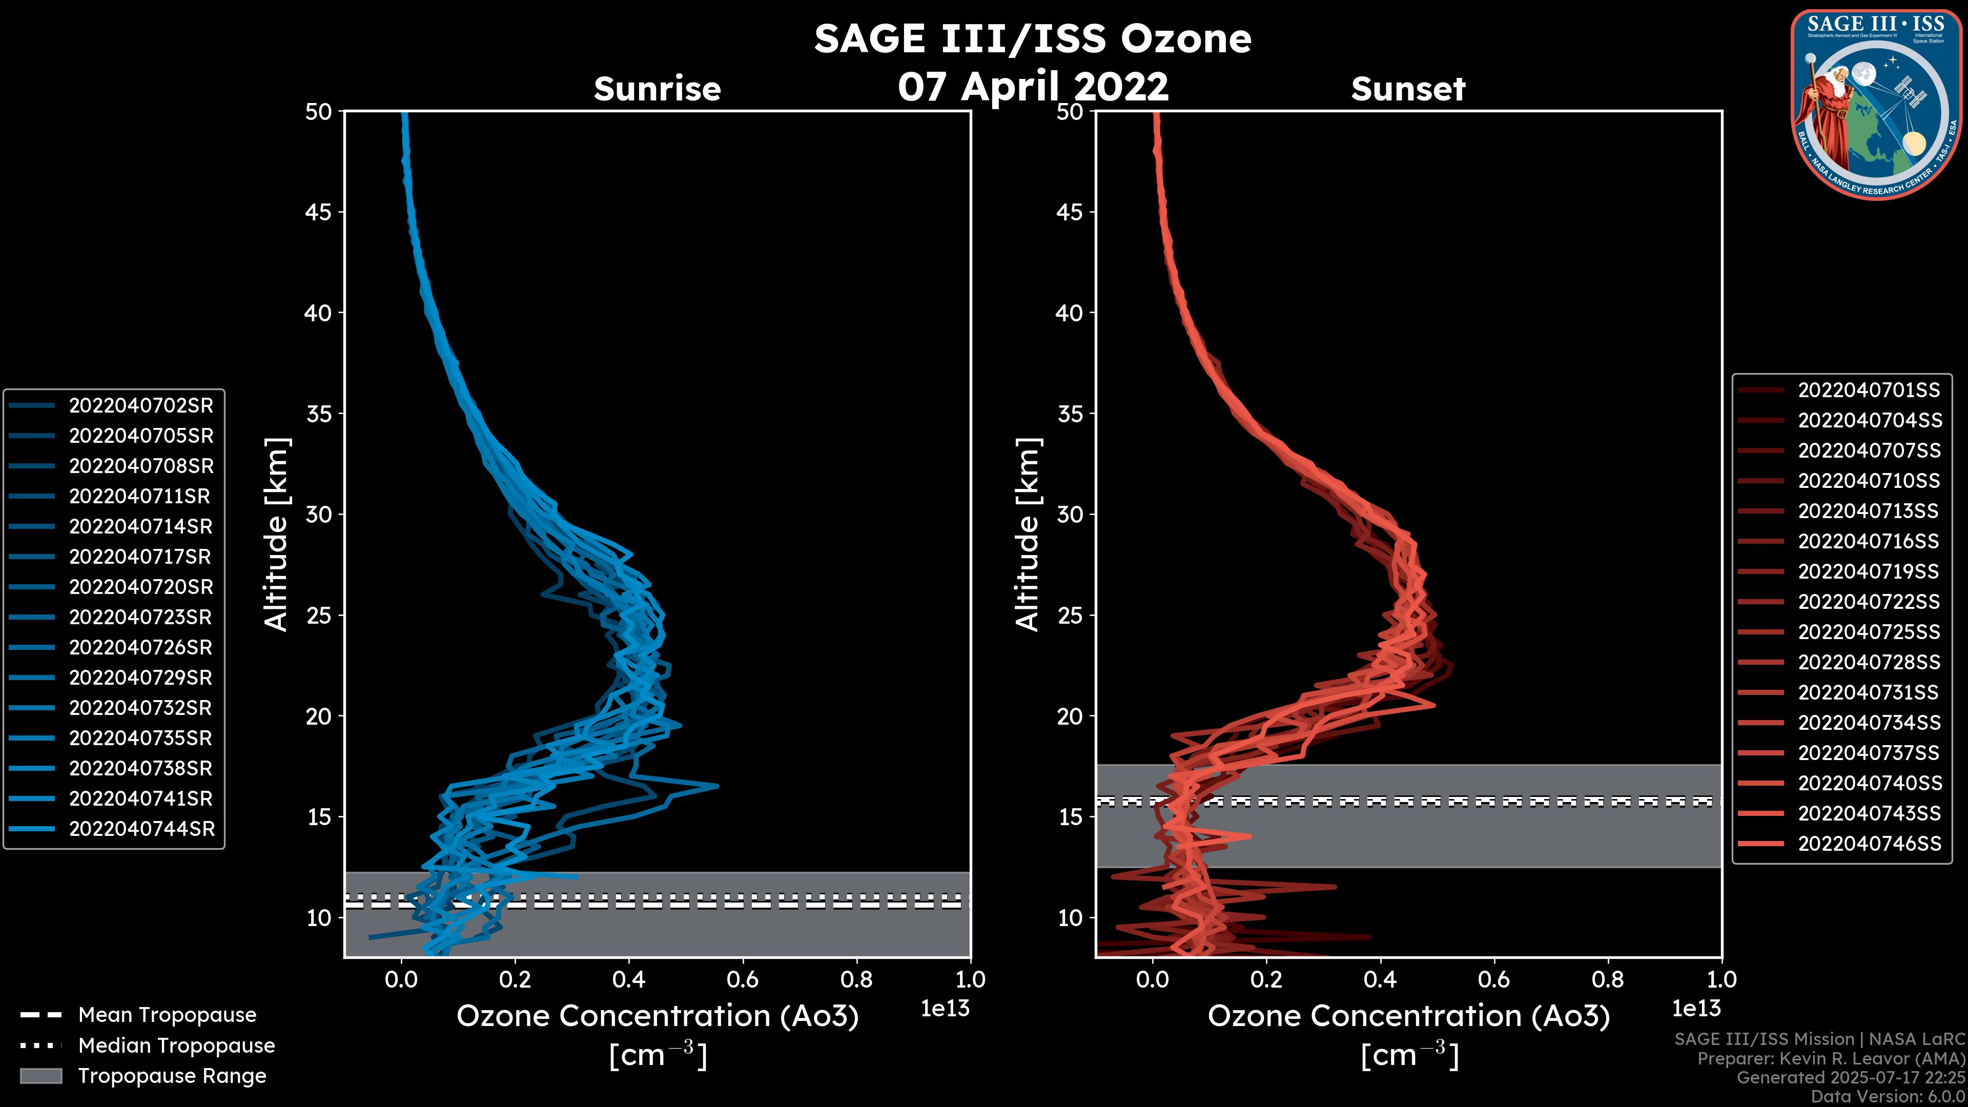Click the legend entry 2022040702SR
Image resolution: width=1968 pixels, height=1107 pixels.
click(140, 406)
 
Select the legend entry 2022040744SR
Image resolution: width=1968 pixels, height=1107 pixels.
click(141, 829)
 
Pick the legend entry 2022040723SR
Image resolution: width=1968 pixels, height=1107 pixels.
click(140, 617)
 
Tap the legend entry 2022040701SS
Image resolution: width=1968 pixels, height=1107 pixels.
click(1868, 391)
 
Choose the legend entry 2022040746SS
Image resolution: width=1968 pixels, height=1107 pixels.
click(1869, 844)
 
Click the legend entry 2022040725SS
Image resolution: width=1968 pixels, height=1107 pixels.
click(1868, 632)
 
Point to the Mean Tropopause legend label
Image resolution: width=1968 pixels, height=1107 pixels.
click(167, 1015)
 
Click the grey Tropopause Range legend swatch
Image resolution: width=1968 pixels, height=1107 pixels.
click(40, 1076)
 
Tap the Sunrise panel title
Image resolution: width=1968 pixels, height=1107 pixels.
click(657, 89)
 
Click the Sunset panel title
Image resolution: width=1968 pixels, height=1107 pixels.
click(1408, 89)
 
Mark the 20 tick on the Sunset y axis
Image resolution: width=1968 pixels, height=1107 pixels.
click(1070, 716)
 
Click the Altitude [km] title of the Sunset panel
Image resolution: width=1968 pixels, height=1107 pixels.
click(1028, 535)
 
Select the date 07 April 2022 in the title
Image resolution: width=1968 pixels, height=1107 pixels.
click(1033, 86)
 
